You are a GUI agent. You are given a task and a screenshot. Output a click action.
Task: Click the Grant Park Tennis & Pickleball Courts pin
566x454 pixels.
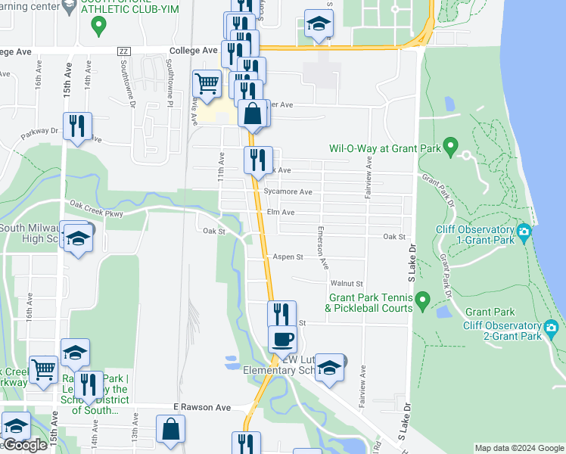point(422,301)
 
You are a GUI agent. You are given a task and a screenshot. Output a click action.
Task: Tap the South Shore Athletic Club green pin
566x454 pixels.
point(97,26)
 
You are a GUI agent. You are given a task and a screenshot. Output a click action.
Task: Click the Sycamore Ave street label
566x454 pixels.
point(288,192)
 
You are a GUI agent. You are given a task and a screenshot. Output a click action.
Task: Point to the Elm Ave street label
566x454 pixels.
point(280,213)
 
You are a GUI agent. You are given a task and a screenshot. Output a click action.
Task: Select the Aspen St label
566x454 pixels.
point(288,257)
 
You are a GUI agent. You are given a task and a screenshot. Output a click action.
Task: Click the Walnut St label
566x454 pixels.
point(347,283)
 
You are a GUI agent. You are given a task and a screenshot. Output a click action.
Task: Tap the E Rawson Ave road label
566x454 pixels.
point(201,407)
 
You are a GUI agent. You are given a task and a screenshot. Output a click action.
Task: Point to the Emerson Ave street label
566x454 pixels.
point(323,247)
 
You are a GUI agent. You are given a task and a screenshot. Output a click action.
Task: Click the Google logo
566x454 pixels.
point(24,446)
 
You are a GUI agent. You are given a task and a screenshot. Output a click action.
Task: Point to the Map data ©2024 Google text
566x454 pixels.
point(518,448)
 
